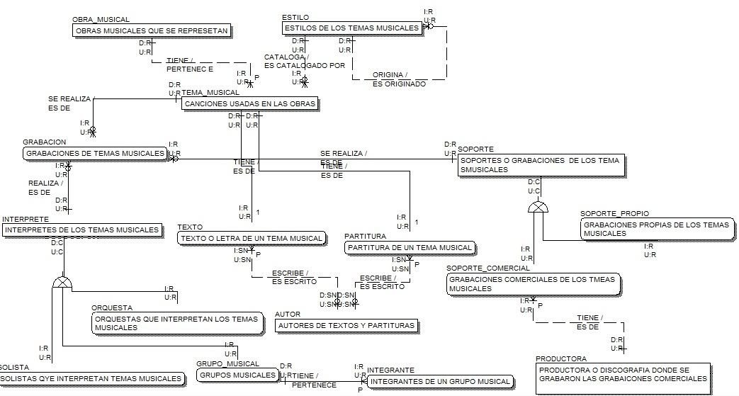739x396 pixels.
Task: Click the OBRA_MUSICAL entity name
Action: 101,20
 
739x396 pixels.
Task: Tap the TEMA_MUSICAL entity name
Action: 210,92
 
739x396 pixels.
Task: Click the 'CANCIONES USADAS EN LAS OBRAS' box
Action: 250,104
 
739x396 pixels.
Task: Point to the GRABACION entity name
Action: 45,142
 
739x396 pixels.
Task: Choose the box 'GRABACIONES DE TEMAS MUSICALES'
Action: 95,153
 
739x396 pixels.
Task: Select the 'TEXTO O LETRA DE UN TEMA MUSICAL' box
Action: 252,239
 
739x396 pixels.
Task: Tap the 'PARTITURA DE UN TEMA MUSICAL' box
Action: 410,248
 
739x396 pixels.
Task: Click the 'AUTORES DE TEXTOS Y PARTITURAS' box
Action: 346,326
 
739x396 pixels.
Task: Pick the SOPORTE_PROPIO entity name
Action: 614,213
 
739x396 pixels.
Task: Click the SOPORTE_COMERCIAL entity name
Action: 488,268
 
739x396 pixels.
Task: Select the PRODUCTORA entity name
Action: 561,359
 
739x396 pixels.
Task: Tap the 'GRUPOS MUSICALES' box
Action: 237,375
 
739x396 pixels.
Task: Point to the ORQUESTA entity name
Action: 112,308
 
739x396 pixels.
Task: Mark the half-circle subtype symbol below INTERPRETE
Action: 62,283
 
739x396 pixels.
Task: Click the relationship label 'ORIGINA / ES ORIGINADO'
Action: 399,79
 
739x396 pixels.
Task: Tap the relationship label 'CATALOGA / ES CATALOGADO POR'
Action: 304,61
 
